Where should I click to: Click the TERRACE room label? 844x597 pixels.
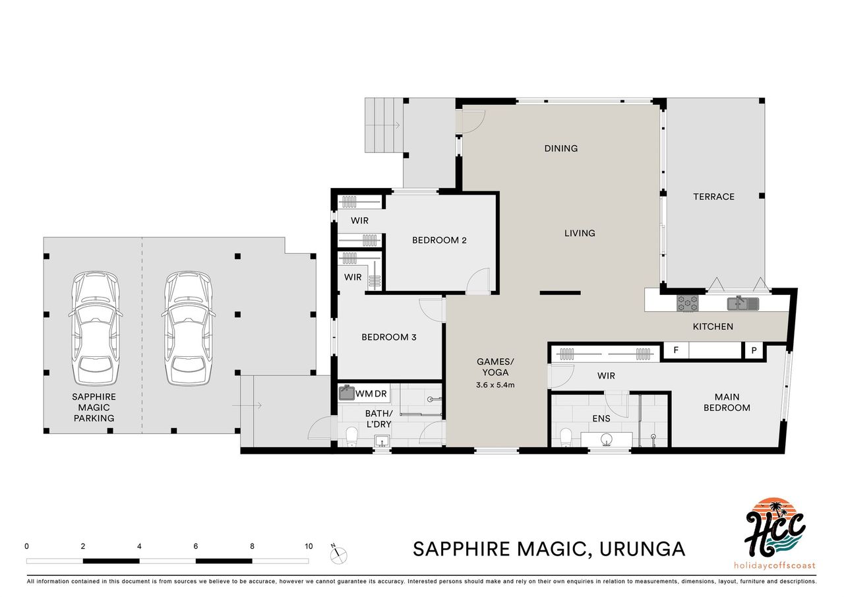713,197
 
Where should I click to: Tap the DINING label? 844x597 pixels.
561,148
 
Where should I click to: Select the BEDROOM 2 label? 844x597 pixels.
439,240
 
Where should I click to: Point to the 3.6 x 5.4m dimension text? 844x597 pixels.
495,385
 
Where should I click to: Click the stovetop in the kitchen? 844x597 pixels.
688,303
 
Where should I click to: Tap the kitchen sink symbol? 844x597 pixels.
742,303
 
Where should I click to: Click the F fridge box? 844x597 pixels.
676,350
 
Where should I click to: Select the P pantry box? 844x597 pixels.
754,351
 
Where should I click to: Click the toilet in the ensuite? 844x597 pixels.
566,437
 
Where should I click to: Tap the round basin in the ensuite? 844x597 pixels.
606,439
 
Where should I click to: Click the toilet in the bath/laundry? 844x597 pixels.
351,437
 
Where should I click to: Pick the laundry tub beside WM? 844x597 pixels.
346,393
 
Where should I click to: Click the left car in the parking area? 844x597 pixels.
96,329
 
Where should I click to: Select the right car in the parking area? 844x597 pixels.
189,329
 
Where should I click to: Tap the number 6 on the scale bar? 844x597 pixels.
196,546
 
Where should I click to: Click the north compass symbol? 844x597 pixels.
338,553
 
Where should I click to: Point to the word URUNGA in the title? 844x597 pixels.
642,549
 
